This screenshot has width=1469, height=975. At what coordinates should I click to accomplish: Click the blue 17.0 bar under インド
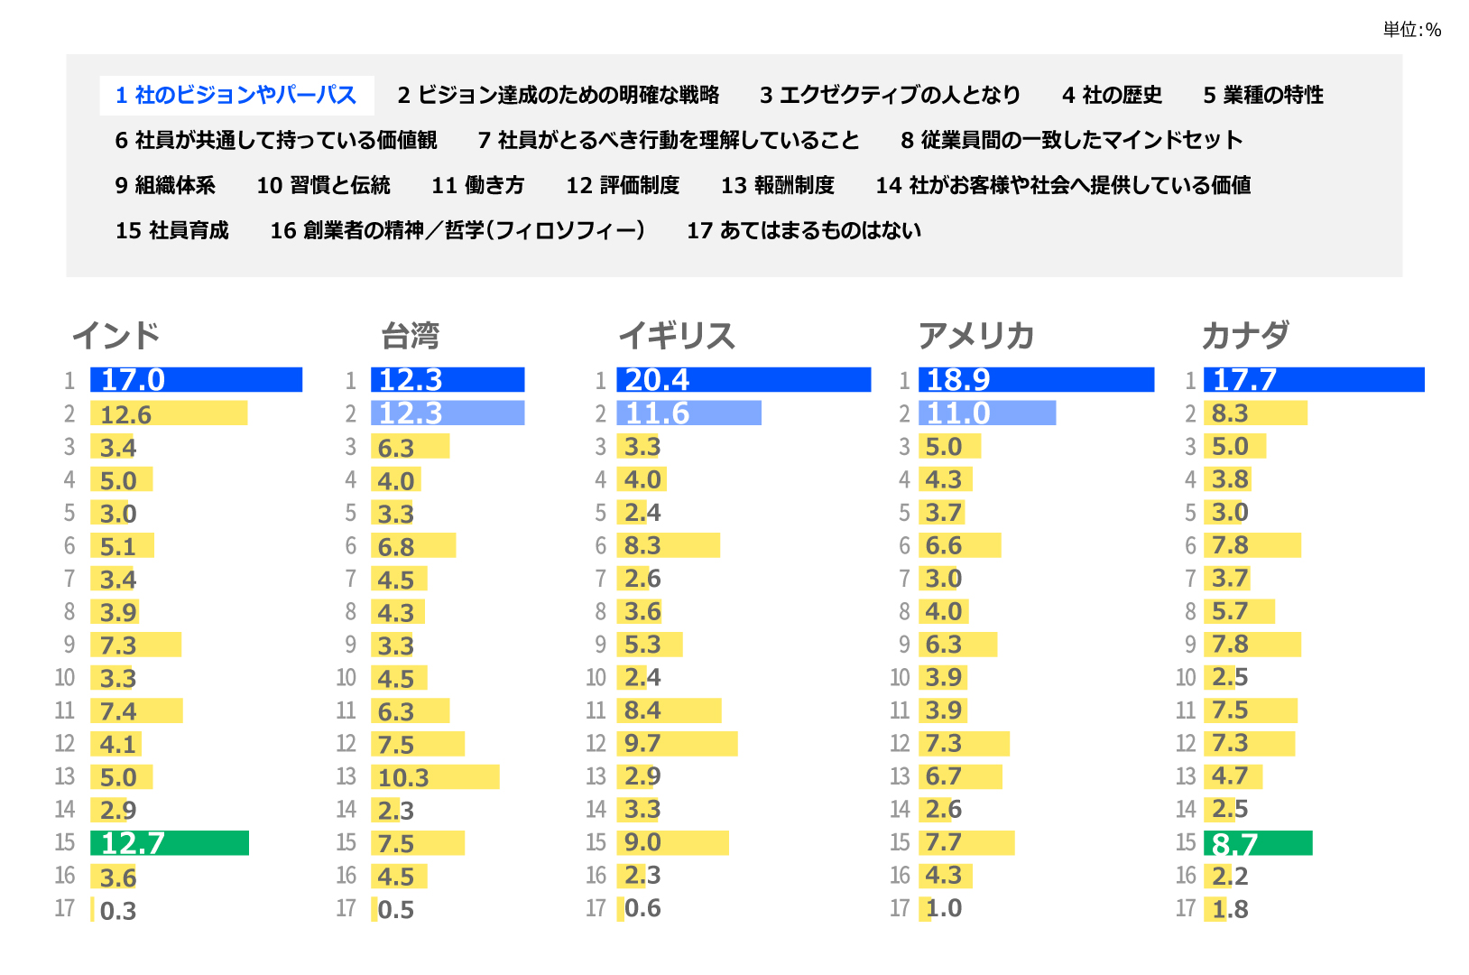point(196,380)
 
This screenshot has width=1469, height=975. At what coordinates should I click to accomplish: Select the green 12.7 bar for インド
point(170,843)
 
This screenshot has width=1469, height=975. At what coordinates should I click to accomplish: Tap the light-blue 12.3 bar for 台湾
point(448,413)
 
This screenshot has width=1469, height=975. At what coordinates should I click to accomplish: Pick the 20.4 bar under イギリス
point(744,380)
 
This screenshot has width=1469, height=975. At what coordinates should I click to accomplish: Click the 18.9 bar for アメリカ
point(1036,380)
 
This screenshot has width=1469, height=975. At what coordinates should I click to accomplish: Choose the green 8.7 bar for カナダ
point(1258,843)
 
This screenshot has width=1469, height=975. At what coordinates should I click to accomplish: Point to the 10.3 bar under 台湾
point(435,777)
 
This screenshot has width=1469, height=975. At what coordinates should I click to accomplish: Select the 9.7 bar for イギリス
point(677,744)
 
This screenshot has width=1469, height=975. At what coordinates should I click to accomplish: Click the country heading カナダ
point(1245,336)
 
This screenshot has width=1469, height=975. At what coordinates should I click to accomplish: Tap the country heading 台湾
point(411,337)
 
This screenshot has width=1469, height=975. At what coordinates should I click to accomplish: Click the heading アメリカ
point(976,336)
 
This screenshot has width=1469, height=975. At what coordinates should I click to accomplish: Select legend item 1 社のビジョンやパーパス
point(236,96)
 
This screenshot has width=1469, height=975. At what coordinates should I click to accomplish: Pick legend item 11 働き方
point(478,186)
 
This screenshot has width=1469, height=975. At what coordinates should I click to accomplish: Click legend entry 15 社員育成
point(172,231)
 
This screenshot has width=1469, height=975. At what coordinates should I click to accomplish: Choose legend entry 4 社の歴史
point(1112,96)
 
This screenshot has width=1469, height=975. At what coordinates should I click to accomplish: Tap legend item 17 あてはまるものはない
point(804,231)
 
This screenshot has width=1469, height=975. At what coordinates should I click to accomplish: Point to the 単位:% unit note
point(1412,31)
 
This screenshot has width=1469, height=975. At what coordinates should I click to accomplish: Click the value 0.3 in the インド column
point(118,911)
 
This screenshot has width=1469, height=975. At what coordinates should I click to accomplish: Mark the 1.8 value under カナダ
point(1231,910)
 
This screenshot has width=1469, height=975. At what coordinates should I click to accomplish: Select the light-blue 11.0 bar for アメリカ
point(987,413)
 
